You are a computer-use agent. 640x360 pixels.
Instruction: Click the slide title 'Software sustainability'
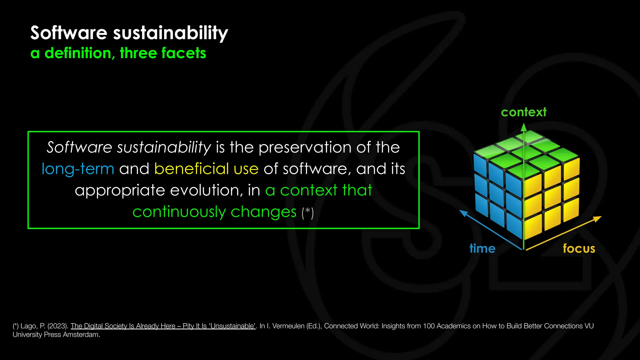coord(129,33)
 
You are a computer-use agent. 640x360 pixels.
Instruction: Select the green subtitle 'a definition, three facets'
coord(118,53)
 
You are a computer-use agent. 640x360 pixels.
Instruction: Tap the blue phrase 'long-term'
coord(78,169)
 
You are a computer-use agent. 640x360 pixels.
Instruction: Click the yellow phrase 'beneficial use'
coord(206,169)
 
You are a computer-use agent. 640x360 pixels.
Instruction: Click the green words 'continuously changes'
coord(214,212)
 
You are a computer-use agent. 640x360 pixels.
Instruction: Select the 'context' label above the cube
coord(524,112)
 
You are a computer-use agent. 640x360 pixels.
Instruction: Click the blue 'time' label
coord(482,248)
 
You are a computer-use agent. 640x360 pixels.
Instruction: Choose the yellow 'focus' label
coord(579,248)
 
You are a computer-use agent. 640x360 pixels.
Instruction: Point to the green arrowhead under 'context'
coord(524,127)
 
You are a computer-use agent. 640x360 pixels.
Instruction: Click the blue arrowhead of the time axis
coord(463,213)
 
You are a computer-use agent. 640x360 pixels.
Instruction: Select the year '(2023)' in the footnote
coord(58,326)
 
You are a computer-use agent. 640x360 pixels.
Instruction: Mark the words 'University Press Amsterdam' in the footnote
coord(56,334)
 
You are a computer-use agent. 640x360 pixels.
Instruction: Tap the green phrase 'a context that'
coord(318,190)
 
